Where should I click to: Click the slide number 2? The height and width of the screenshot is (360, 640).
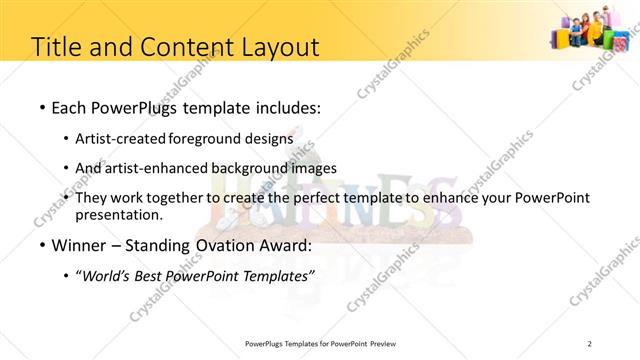(590, 344)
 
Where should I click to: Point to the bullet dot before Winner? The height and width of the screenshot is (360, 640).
(40, 246)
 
